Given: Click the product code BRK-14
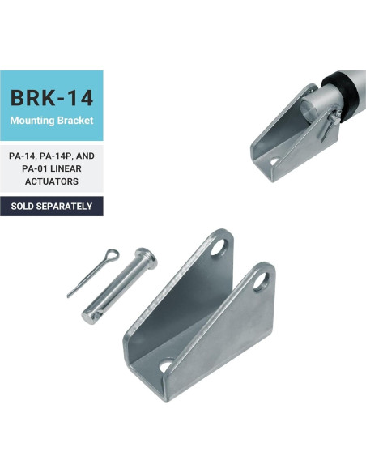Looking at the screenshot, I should point(52,98).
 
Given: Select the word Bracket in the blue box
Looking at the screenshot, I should point(77,121).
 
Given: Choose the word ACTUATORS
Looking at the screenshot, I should point(52,181).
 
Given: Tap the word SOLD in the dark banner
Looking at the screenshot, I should point(23,206).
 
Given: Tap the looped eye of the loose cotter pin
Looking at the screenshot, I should point(113,257).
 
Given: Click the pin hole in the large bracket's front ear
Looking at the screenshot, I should point(260,280).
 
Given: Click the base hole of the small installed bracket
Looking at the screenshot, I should point(274,160).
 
